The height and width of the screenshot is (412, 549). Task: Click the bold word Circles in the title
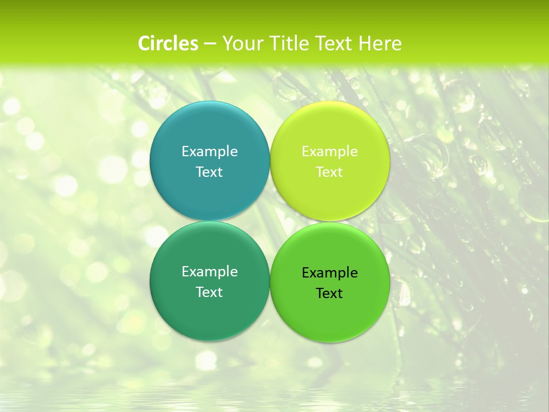(x=168, y=43)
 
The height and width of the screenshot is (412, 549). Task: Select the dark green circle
(x=209, y=310)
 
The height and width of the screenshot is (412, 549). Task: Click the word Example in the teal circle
(x=209, y=151)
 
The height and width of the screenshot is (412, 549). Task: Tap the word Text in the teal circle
(x=209, y=172)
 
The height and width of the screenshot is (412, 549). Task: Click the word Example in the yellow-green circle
(x=329, y=151)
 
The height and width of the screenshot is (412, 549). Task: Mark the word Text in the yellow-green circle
(x=329, y=172)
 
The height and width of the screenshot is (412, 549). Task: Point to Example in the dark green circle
(x=209, y=271)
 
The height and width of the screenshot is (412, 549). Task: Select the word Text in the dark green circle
(x=209, y=292)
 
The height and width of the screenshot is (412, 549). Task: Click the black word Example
(x=329, y=272)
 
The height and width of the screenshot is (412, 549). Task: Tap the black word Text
(x=329, y=293)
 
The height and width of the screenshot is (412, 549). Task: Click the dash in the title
(x=210, y=43)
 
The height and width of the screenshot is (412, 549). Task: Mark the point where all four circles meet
(x=270, y=221)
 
